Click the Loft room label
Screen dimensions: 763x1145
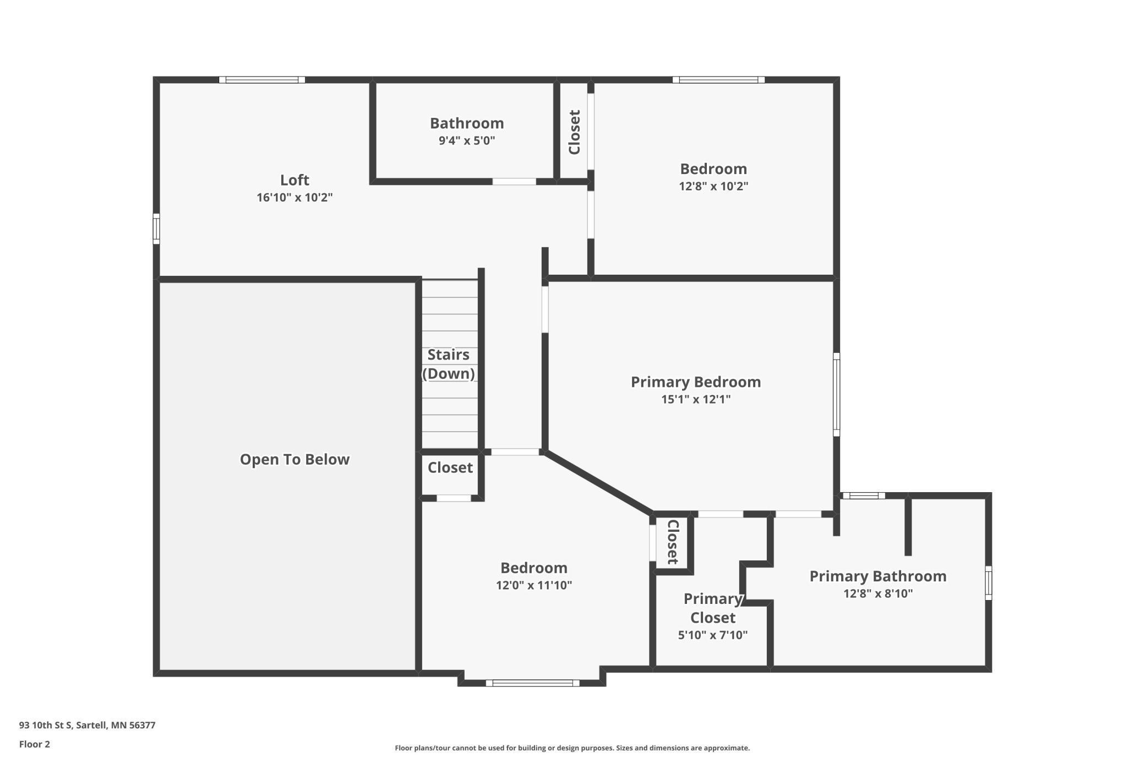click(295, 180)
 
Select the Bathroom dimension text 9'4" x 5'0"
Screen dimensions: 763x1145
click(466, 140)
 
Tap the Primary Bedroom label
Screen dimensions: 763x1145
click(695, 381)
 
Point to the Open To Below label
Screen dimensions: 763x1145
click(295, 459)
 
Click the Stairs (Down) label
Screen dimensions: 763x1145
click(449, 364)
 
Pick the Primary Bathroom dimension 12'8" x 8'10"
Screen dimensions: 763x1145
click(877, 593)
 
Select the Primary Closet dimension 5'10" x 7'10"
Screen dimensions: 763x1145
click(712, 635)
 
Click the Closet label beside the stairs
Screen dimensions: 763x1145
click(450, 467)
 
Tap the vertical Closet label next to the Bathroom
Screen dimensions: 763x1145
click(574, 132)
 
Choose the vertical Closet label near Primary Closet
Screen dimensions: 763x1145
click(673, 542)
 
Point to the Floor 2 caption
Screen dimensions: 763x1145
click(34, 744)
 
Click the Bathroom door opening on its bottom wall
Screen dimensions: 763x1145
click(514, 182)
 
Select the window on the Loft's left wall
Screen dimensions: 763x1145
click(156, 228)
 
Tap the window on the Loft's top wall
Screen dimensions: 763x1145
click(262, 80)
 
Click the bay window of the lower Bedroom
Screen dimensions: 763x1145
click(532, 683)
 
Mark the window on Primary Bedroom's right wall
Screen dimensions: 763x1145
click(836, 394)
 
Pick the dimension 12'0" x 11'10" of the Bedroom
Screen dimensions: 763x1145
click(533, 585)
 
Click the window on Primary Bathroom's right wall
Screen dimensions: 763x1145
click(988, 582)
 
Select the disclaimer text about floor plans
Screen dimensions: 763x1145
click(572, 748)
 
